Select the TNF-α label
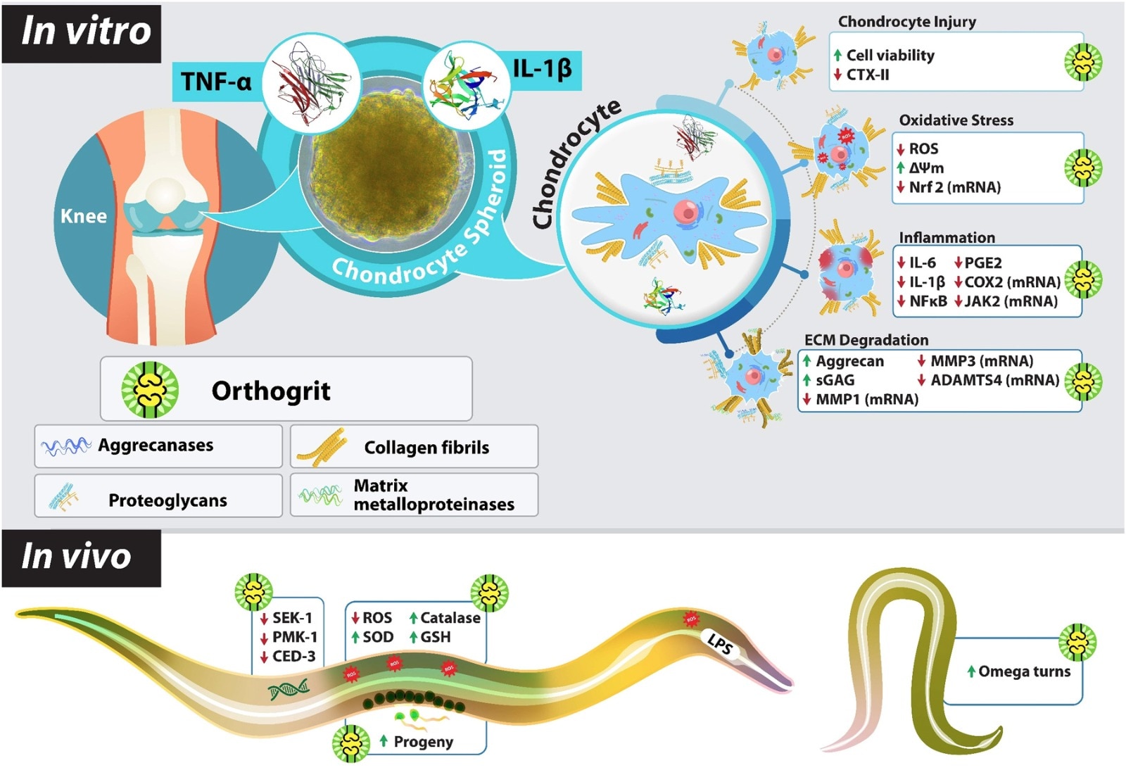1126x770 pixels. pos(215,82)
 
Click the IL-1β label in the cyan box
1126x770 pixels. pos(542,69)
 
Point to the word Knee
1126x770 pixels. pos(83,216)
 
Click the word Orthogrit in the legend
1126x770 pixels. pos(271,391)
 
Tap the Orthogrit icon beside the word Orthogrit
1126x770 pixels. pos(149,389)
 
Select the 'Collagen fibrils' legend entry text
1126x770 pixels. pos(426,448)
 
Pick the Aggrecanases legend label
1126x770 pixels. pos(156,445)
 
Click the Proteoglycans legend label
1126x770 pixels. pos(167,500)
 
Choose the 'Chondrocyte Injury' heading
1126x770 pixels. pos(906,22)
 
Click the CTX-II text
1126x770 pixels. pos(868,75)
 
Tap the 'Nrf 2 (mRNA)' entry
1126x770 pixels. pos(954,187)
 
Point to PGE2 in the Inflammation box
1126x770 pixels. pos(982,263)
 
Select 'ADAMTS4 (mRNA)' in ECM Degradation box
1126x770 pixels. pos(994,381)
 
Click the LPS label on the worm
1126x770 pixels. pos(720,643)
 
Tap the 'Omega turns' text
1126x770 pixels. pos(1024,671)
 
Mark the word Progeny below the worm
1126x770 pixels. pos(423,742)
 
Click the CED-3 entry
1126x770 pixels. pos(293,657)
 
